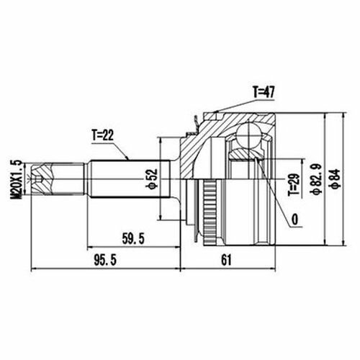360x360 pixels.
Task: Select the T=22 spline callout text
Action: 103,136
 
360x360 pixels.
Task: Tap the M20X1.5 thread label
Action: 17,179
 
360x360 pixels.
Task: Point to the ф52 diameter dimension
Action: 153,179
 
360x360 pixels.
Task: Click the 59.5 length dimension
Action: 133,239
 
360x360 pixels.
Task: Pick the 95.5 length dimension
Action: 105,261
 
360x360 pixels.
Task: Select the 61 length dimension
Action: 226,260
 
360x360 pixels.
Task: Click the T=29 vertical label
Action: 294,184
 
